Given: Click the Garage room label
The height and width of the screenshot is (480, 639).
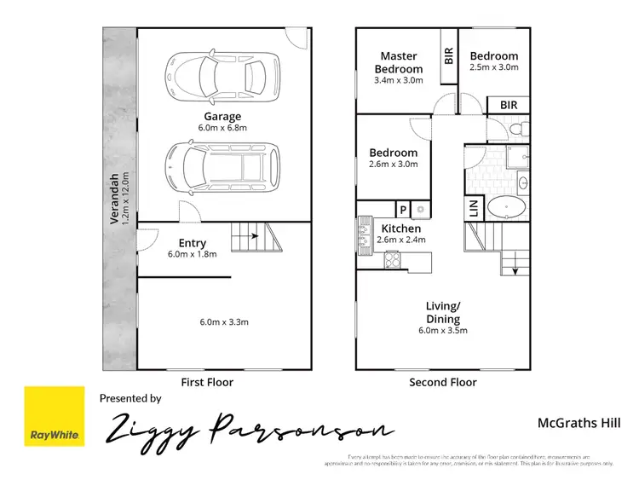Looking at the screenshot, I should tap(222, 117).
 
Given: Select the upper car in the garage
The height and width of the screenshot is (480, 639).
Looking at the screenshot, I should tap(222, 75).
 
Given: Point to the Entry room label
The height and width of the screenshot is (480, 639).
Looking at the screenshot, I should tap(193, 242).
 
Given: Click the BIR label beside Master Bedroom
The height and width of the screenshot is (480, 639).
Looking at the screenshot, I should tap(448, 56).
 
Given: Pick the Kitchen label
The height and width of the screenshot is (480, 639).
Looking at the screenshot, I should tap(400, 228).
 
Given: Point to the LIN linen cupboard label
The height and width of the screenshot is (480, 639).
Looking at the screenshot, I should tap(475, 209).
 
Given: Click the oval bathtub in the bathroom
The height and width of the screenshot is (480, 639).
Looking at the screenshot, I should tap(508, 208).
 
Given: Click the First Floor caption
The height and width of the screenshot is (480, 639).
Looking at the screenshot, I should tap(208, 383).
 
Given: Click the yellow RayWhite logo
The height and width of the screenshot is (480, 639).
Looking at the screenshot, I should tap(55, 417).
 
